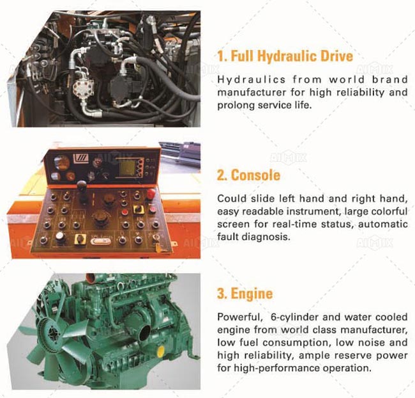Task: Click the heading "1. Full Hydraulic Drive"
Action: [x=285, y=56]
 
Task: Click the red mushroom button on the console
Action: [x=151, y=193]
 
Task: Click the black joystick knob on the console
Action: [x=82, y=185]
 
